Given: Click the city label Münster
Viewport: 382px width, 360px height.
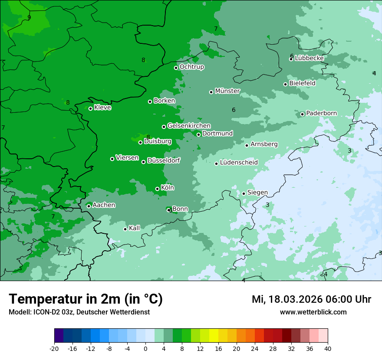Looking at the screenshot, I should (x=227, y=91).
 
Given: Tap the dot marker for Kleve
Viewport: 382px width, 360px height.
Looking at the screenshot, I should (x=90, y=108).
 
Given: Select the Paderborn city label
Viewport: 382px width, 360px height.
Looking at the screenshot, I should (x=321, y=113).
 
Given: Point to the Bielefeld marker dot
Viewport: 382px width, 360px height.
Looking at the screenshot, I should (x=285, y=84).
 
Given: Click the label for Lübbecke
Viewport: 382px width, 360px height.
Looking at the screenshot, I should (x=309, y=58).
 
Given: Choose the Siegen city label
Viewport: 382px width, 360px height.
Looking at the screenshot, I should (x=257, y=193).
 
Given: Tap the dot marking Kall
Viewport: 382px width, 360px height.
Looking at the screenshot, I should (x=125, y=229).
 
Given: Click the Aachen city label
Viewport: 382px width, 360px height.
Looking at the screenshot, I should (x=104, y=205).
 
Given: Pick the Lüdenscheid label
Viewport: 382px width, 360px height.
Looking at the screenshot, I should (x=239, y=163).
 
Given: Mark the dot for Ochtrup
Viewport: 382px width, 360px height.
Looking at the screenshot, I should (x=176, y=68).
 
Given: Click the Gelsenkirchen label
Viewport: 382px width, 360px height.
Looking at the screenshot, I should (x=189, y=126).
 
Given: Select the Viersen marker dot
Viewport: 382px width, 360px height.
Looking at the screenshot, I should (x=112, y=159).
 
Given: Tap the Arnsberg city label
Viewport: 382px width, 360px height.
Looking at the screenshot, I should (x=264, y=144).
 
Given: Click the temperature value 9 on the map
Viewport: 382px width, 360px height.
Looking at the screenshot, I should (x=29, y=17).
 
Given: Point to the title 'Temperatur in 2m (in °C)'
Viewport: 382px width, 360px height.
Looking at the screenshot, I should (x=86, y=299).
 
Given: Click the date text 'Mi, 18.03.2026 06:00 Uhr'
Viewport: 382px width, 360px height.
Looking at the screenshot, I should (x=311, y=299).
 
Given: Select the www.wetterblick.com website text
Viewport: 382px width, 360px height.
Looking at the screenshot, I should (x=313, y=312).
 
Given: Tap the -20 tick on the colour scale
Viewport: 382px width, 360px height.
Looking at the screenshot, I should (x=54, y=348).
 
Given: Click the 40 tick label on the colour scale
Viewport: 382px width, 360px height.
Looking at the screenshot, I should (x=328, y=348).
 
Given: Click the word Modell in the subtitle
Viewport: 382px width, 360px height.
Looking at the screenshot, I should (x=19, y=312).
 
